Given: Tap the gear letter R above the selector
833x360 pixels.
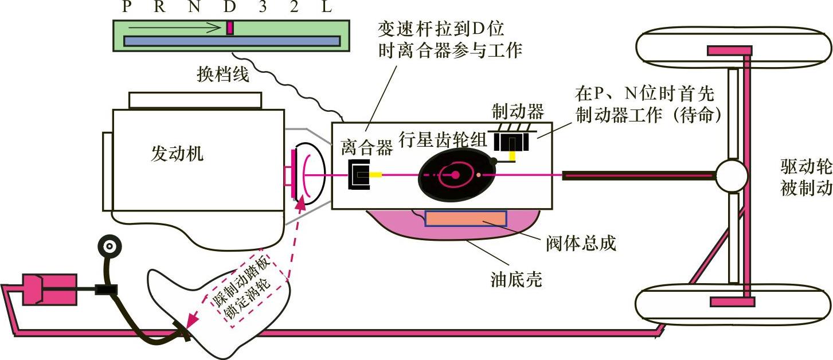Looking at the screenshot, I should tap(160, 7).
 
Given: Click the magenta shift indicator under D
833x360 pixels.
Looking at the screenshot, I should tap(230, 28).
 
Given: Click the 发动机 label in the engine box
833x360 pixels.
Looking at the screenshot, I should tap(177, 153).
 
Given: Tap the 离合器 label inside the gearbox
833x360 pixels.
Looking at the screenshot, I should tap(367, 148).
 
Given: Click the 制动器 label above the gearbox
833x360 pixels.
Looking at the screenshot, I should tap(518, 111).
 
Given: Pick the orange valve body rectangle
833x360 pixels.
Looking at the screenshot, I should tap(466, 218).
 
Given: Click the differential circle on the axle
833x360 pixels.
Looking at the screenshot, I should tap(731, 175).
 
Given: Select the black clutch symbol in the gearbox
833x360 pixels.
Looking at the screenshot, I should tap(359, 174).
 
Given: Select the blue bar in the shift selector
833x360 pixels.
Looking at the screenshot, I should tap(232, 41).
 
